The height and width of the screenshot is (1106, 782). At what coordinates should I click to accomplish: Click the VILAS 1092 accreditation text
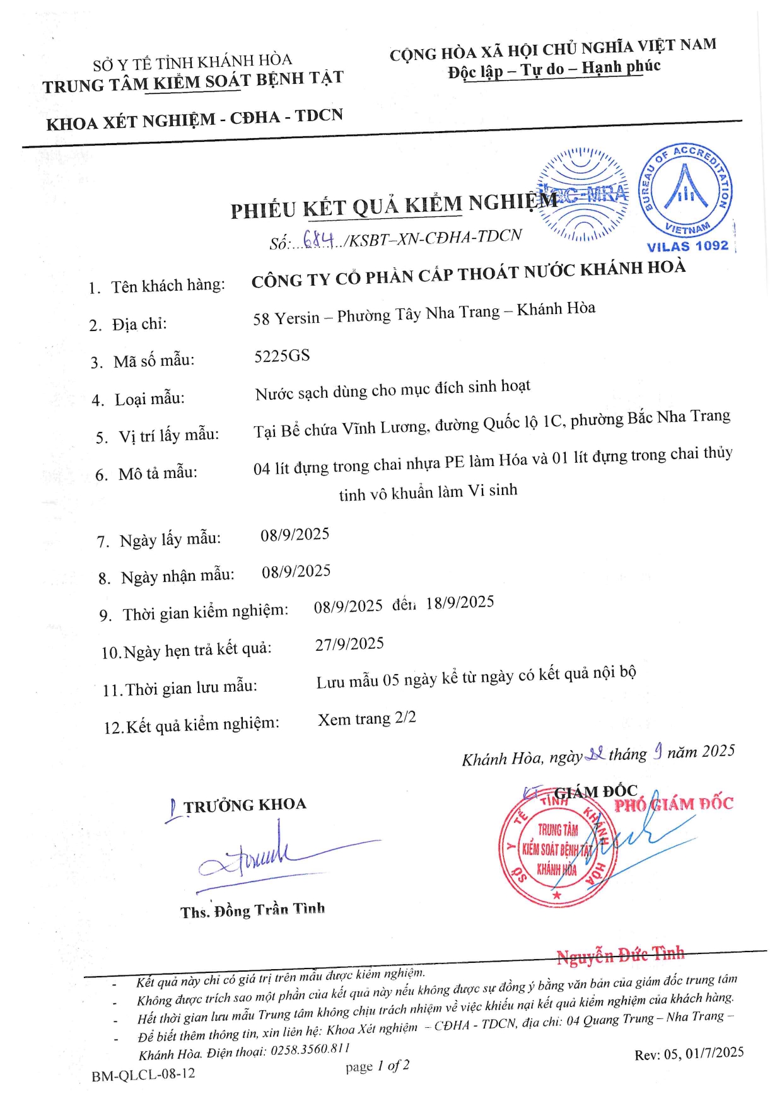[x=687, y=246]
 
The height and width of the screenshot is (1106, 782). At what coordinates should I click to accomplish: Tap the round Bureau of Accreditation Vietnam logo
[x=686, y=189]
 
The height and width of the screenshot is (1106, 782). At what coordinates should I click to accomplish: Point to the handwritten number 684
[x=318, y=240]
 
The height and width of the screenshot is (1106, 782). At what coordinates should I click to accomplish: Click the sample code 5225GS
[x=282, y=356]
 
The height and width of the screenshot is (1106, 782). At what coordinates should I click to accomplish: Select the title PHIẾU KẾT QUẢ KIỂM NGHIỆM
[x=394, y=206]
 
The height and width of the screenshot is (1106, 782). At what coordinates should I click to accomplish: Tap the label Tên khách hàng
[x=168, y=286]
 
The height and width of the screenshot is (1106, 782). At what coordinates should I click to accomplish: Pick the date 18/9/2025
[x=460, y=602]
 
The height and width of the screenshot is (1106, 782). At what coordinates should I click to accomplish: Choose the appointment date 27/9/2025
[x=349, y=644]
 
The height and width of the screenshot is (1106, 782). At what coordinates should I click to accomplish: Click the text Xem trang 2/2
[x=366, y=719]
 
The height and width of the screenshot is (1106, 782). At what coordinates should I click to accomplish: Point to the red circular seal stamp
[x=558, y=849]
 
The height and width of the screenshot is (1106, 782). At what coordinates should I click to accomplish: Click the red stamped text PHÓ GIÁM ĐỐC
[x=674, y=804]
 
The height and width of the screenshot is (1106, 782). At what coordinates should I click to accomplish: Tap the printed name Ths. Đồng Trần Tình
[x=252, y=911]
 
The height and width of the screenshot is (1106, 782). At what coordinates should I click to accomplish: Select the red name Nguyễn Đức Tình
[x=620, y=955]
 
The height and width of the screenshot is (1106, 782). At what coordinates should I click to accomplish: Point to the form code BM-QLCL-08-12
[x=143, y=1074]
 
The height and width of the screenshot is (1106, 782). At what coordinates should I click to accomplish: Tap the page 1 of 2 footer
[x=377, y=1066]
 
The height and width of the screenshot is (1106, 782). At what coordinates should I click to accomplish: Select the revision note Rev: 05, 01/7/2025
[x=689, y=1054]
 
